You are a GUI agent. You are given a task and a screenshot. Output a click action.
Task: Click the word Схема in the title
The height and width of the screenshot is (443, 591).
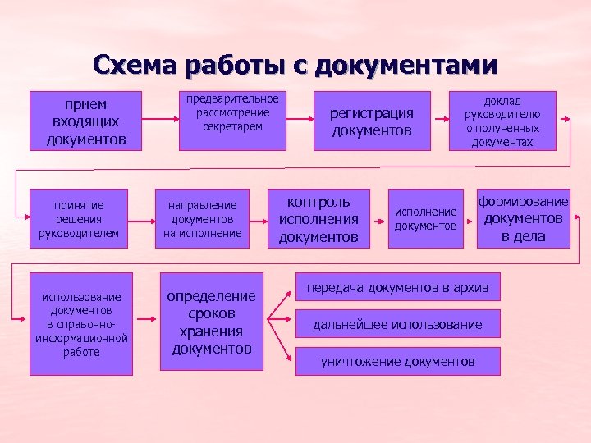tap(135, 65)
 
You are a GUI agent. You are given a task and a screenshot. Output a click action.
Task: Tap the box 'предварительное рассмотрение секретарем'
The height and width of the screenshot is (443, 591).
tap(232, 121)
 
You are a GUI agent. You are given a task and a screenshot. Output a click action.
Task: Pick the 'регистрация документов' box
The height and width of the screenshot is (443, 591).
tap(372, 121)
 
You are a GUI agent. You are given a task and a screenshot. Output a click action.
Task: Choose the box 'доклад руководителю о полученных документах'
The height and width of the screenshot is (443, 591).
tap(502, 121)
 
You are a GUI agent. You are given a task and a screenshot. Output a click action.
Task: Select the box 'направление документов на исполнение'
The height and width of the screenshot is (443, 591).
tap(203, 219)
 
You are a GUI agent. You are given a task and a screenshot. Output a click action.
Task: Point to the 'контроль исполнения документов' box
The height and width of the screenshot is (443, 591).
tap(319, 219)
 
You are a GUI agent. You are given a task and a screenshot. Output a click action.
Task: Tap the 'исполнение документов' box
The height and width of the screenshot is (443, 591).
tap(425, 219)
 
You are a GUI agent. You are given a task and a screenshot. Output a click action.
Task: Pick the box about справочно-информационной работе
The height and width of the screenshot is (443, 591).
tap(81, 323)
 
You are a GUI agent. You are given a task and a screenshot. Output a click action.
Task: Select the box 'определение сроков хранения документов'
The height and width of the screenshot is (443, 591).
tap(211, 322)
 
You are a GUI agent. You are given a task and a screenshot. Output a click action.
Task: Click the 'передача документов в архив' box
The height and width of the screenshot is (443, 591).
tap(397, 288)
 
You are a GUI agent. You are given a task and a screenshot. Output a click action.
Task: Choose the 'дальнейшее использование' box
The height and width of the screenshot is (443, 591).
tap(397, 325)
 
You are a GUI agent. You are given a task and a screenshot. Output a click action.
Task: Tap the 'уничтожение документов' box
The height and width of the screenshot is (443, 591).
tap(397, 361)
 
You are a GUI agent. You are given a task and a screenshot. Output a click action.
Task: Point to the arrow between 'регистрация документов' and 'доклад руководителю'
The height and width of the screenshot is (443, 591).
tap(440, 121)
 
